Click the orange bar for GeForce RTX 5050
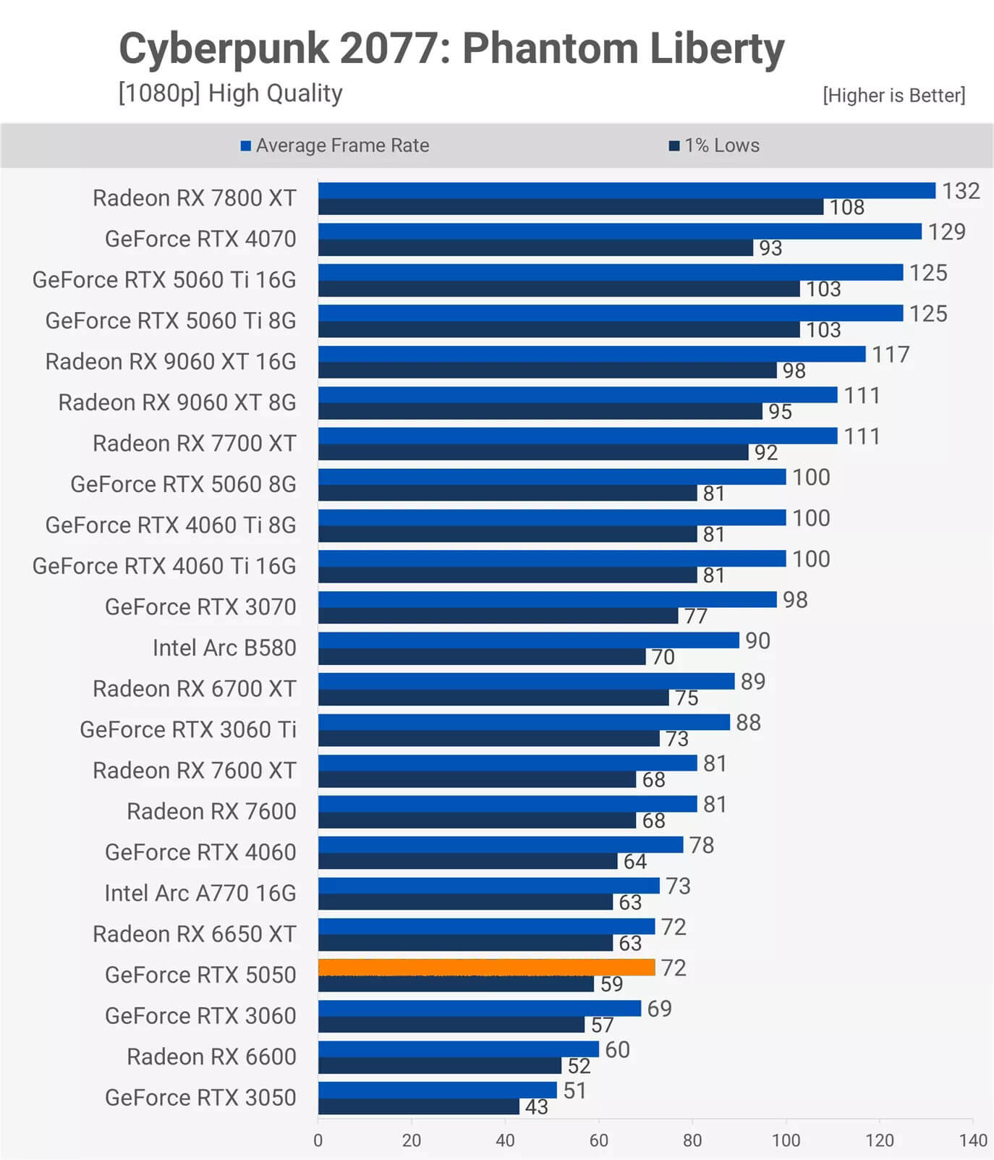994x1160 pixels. point(486,968)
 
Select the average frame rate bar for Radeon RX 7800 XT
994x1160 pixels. point(626,190)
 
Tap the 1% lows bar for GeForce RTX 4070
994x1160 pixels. point(535,248)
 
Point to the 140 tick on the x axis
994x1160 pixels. point(973,1141)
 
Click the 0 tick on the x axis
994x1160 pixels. point(318,1141)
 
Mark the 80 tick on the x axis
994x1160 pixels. point(692,1141)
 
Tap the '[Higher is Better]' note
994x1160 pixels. point(893,96)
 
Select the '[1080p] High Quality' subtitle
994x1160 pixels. point(230,93)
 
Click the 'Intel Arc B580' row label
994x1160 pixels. point(224,648)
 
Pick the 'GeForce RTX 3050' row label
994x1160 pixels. point(200,1098)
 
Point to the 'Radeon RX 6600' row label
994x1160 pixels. point(211,1057)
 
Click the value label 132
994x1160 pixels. point(961,191)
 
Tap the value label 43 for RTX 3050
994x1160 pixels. point(536,1107)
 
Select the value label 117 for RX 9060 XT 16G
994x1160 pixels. point(891,355)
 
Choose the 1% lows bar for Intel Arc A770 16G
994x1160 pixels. point(465,902)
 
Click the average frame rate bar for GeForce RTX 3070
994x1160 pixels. point(547,599)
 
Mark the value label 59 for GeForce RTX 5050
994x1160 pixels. point(611,984)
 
